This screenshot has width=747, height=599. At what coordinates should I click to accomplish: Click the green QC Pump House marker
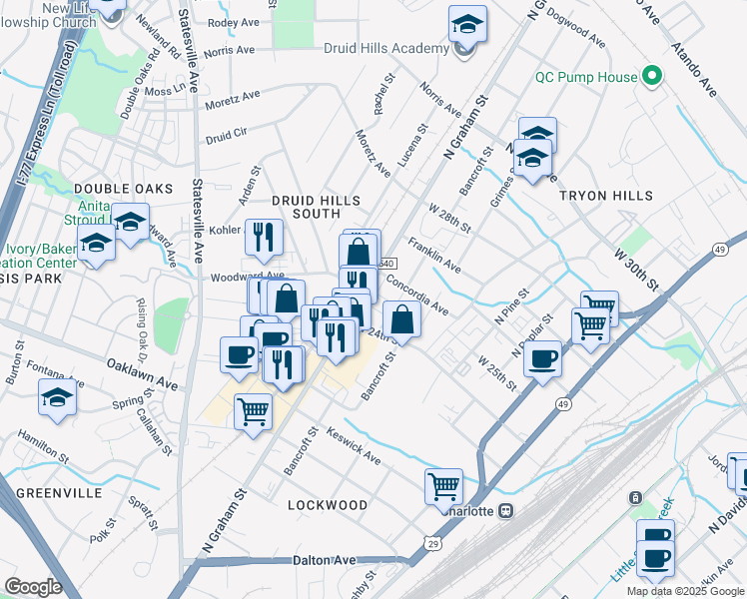(x=653, y=75)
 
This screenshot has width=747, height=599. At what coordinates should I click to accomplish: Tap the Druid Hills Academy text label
(x=385, y=49)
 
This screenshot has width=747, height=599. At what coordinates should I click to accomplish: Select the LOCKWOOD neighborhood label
(x=328, y=505)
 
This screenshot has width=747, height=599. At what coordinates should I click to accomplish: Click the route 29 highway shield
(x=432, y=542)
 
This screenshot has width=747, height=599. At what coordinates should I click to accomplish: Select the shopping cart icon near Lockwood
(x=443, y=487)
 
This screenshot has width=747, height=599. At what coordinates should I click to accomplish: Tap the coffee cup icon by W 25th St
(x=543, y=358)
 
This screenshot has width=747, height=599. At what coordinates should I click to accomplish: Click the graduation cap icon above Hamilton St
(x=58, y=398)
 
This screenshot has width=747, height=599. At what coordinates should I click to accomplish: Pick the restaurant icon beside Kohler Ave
(x=264, y=237)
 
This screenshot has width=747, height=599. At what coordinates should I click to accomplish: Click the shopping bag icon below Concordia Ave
(x=401, y=319)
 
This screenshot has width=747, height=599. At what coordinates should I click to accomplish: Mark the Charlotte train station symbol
(x=506, y=510)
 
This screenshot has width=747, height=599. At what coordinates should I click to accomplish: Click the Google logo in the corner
(x=33, y=586)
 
